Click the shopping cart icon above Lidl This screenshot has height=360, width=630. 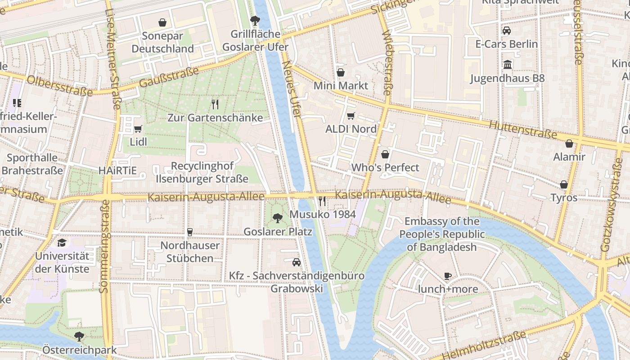tap(138, 129)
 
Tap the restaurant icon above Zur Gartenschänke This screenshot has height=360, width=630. tap(215, 104)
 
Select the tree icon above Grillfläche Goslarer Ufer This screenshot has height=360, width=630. tap(255, 20)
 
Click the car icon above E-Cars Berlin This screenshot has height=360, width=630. tap(507, 31)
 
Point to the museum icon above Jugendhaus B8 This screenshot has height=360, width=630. tap(508, 65)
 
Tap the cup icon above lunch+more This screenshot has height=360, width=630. tap(447, 276)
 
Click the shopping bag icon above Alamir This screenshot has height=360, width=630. tap(569, 144)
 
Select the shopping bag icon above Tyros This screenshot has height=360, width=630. tap(563, 184)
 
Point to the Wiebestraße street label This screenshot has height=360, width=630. tap(386, 63)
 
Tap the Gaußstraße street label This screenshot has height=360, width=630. tap(169, 78)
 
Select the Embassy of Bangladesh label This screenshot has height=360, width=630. tap(441, 234)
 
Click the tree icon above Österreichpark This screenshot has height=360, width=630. tap(79, 336)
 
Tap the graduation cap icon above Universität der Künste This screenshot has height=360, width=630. tap(62, 243)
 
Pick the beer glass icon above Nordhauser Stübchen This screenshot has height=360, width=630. tap(189, 232)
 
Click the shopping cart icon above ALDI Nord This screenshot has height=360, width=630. tap(351, 116)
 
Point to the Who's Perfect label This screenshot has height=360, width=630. tap(385, 167)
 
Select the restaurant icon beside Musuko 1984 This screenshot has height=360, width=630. tap(322, 201)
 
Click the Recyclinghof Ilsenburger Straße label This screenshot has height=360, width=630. tap(202, 172)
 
